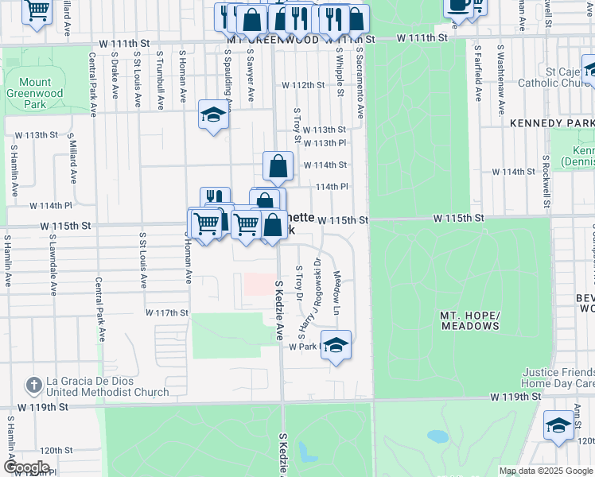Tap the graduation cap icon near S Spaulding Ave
[x=213, y=116]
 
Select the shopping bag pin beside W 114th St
[x=278, y=167]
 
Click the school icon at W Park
[x=336, y=346]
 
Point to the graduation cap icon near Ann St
[x=559, y=426]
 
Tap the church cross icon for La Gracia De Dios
[x=33, y=386]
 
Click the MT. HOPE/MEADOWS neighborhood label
[x=469, y=321]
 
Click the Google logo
[x=26, y=467]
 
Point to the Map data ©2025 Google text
[x=546, y=471]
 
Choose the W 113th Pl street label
[x=329, y=143]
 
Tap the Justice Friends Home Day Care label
[x=558, y=378]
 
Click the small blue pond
[x=437, y=436]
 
